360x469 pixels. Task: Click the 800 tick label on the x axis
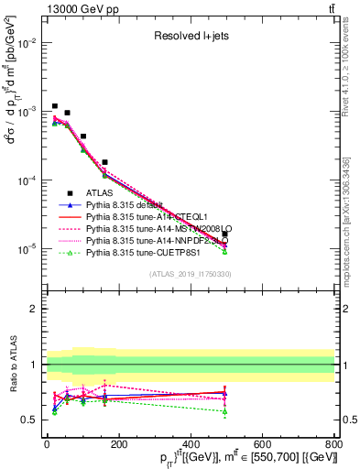click(333, 444)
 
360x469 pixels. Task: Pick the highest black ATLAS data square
click(55, 106)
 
